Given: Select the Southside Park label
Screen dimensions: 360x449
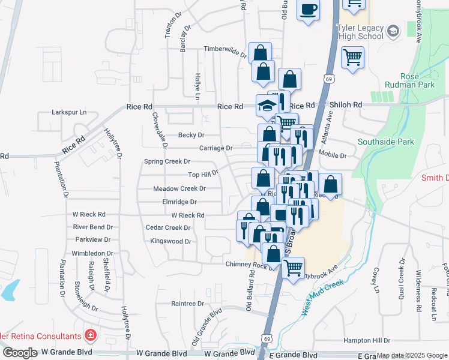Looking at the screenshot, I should [386, 142].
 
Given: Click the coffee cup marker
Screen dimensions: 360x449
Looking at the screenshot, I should [309, 10].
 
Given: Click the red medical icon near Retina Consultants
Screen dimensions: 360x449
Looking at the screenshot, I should [90, 335].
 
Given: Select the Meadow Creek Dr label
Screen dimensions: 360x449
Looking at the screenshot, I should [179, 188].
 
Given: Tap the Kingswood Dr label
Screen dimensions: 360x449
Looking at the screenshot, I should [170, 242].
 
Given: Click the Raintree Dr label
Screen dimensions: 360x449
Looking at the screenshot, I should [188, 304].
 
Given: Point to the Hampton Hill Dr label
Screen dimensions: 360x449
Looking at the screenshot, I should [367, 340].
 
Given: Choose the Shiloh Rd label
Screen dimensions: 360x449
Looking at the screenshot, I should [346, 104].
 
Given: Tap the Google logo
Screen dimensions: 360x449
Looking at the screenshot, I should [20, 353].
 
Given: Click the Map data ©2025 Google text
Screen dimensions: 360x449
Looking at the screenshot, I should [412, 356].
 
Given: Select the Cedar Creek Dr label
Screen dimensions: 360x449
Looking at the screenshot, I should [168, 228].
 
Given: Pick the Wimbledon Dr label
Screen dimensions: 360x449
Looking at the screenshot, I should [92, 253].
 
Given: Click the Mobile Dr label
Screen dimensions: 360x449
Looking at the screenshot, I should [333, 155].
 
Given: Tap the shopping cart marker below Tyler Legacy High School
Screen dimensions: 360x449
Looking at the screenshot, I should [352, 58].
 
